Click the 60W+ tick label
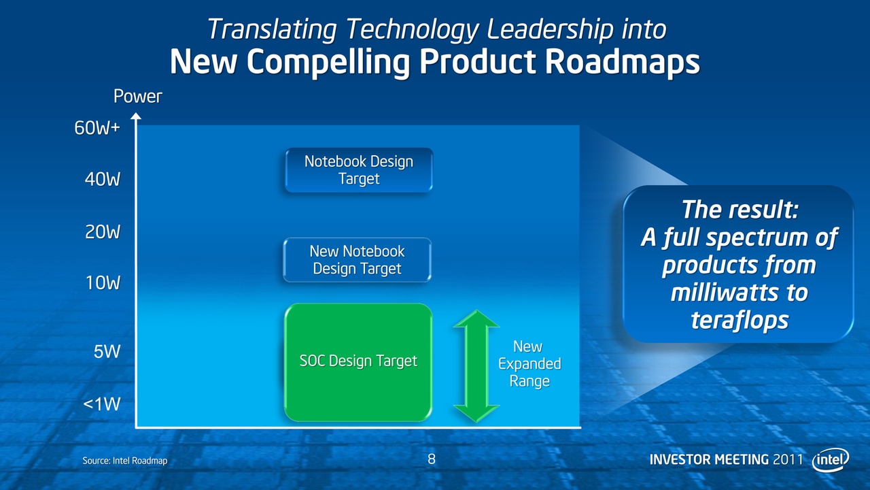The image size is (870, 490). (97, 128)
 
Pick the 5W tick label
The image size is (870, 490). (107, 352)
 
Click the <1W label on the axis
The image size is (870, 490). (101, 404)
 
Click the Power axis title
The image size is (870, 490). (137, 97)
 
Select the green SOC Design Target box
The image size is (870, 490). (358, 361)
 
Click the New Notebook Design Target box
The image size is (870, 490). (358, 260)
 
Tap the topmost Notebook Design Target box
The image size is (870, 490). (358, 170)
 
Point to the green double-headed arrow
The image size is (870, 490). (476, 365)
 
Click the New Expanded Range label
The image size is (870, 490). (529, 364)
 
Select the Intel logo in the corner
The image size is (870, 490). (830, 460)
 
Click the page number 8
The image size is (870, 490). (432, 459)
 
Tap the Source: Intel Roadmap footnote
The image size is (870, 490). (125, 461)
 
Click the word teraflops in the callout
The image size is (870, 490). (739, 319)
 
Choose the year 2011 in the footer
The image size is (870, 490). (789, 459)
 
